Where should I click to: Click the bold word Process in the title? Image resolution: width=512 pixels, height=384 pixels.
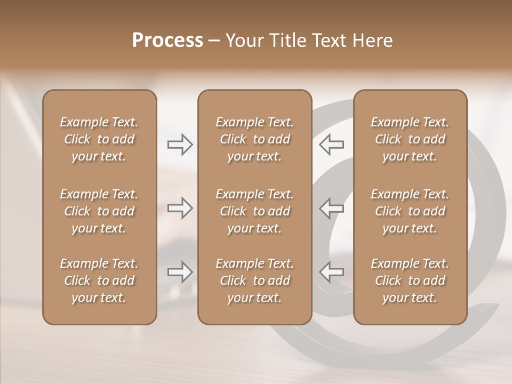167,41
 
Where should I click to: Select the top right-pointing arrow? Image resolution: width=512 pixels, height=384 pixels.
180,145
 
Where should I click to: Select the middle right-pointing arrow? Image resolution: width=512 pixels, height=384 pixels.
180,208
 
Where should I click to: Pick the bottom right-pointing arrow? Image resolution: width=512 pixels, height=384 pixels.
180,272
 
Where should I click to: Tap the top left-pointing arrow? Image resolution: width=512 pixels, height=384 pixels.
332,145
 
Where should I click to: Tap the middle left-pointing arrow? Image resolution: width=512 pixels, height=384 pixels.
332,208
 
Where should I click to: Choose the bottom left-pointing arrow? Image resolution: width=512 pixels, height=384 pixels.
332,272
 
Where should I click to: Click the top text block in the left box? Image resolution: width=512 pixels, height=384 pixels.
99,139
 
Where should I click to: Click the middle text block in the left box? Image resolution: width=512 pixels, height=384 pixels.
99,211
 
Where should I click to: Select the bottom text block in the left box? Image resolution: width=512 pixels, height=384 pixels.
99,281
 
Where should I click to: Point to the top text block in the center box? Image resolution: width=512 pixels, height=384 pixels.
254,139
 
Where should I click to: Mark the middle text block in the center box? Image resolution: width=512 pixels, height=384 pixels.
254,211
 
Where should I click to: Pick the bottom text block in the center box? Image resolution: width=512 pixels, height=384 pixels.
254,281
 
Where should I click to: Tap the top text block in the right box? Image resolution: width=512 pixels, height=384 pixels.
410,139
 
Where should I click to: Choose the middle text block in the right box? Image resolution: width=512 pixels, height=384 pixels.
410,211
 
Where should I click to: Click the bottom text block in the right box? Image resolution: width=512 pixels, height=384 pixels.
410,281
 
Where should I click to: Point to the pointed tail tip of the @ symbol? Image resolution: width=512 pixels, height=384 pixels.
497,307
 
